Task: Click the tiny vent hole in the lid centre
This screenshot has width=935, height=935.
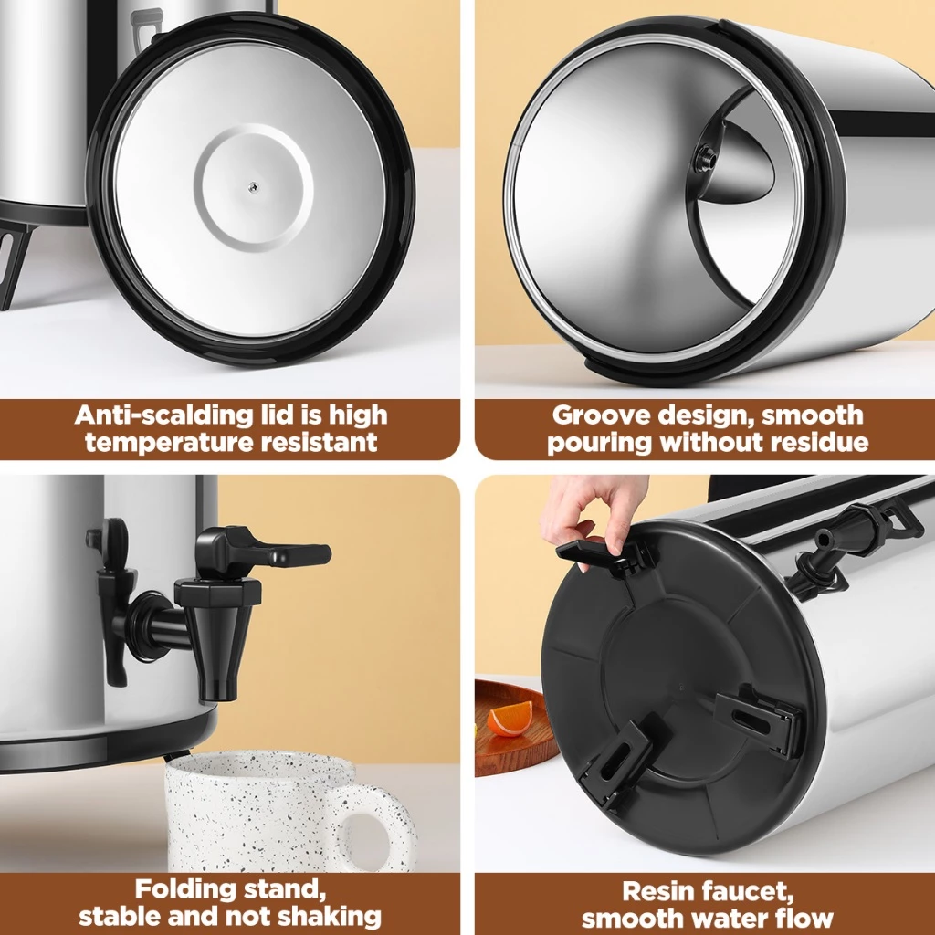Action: tap(253, 185)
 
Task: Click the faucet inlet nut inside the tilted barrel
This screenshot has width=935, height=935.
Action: tap(704, 157)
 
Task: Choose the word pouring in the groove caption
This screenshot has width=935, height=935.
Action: tap(600, 444)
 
